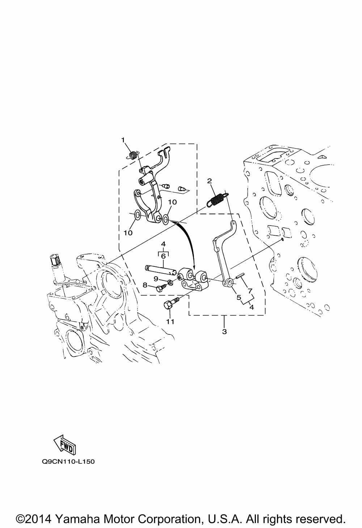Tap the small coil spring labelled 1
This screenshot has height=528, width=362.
coord(133,155)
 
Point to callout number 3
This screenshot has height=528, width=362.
coord(224,331)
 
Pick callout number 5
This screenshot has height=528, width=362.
coord(239,297)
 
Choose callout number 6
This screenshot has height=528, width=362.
coord(163,256)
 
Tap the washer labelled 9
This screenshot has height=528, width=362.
coord(171,282)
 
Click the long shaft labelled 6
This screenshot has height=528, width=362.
coord(162,269)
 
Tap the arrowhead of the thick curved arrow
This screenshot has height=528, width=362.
coord(194,265)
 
